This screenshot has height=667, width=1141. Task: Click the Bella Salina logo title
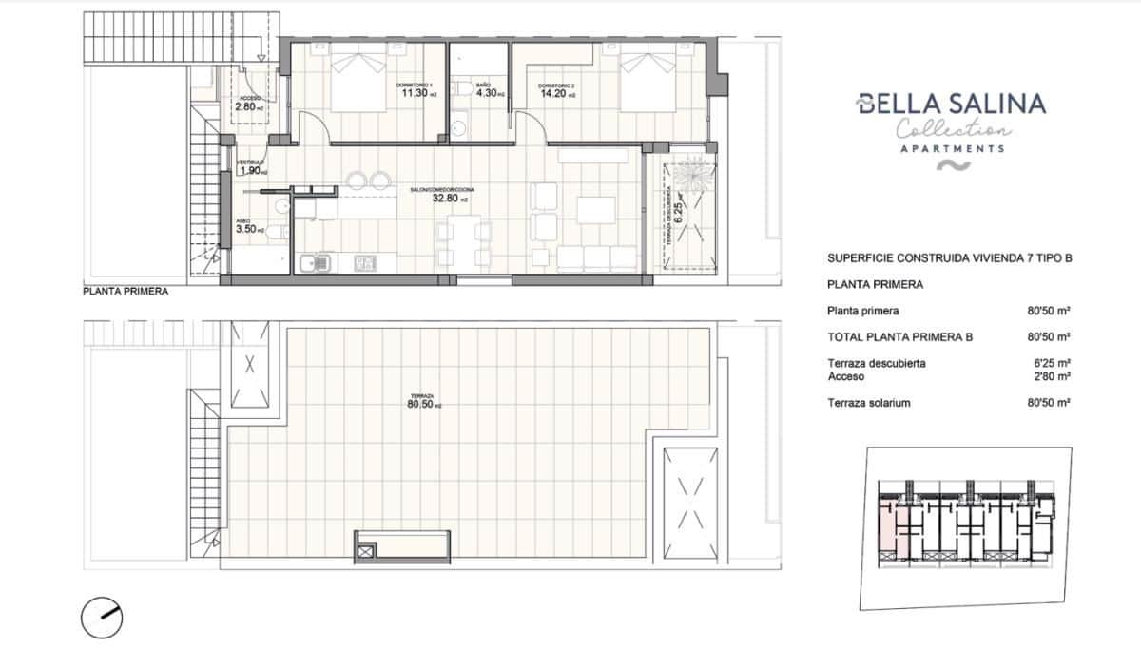[x=951, y=104]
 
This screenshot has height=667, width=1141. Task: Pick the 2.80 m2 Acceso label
[x=249, y=107]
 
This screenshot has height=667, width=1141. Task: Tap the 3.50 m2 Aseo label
[x=246, y=229]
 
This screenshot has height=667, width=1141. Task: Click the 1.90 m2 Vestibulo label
[x=251, y=171]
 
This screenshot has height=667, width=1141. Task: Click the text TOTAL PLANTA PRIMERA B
[x=899, y=337]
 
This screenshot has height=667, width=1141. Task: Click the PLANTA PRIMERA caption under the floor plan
[x=126, y=293]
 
